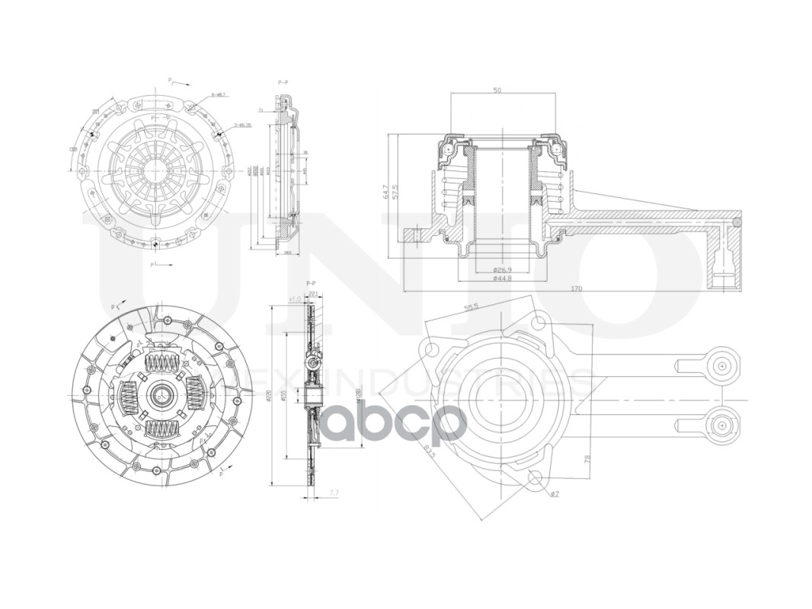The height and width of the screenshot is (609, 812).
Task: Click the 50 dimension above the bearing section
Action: tap(497, 90)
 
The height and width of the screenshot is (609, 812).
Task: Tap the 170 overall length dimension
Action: tap(576, 289)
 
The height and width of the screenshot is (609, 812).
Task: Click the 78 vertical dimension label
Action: tap(587, 459)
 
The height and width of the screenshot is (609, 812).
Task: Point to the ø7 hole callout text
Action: tap(555, 494)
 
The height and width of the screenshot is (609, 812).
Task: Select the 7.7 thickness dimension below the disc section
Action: tap(334, 494)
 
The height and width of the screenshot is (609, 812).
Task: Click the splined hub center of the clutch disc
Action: tap(162, 394)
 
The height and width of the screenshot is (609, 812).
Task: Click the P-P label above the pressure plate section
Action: tap(283, 81)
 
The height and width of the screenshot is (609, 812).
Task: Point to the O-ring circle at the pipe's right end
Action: tap(736, 222)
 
